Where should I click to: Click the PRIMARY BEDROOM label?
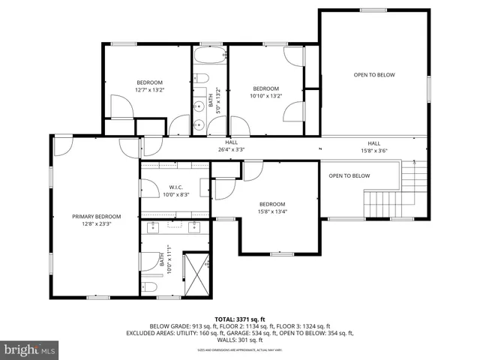[96, 216]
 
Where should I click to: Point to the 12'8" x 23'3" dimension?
[96, 223]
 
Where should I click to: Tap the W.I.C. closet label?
[176, 187]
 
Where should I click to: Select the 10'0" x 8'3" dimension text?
[176, 194]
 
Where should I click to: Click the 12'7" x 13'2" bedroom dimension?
[149, 90]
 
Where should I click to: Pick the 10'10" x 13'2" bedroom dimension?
[265, 95]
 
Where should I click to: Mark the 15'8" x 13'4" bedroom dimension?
[272, 211]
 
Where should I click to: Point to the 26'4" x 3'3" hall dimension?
[232, 149]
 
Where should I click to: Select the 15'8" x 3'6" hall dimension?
[373, 151]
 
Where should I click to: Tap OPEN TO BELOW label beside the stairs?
[349, 175]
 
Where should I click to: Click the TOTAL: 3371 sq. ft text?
[240, 319]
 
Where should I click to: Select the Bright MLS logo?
[30, 349]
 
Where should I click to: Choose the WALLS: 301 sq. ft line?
[240, 340]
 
